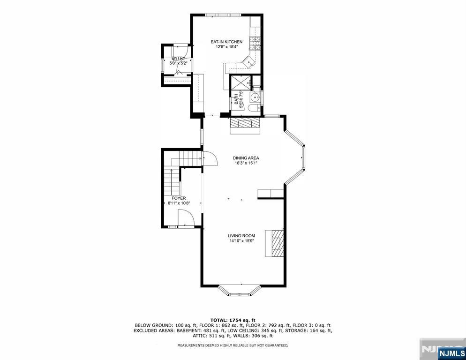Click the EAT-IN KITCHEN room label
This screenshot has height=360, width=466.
(x=226, y=42)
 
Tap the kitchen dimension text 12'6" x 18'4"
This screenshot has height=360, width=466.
(x=226, y=47)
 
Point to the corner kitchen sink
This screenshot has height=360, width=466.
(x=248, y=60)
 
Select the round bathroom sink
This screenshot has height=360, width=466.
(x=255, y=97)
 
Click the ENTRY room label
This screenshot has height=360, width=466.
(x=178, y=58)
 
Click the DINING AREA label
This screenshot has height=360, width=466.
(x=246, y=158)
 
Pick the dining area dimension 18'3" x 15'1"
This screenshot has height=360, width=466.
(x=246, y=163)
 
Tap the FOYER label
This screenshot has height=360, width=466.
(x=179, y=198)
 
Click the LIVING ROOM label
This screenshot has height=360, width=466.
(x=241, y=236)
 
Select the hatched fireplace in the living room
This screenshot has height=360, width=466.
(x=276, y=243)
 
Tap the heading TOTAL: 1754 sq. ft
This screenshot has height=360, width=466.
(x=233, y=320)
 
